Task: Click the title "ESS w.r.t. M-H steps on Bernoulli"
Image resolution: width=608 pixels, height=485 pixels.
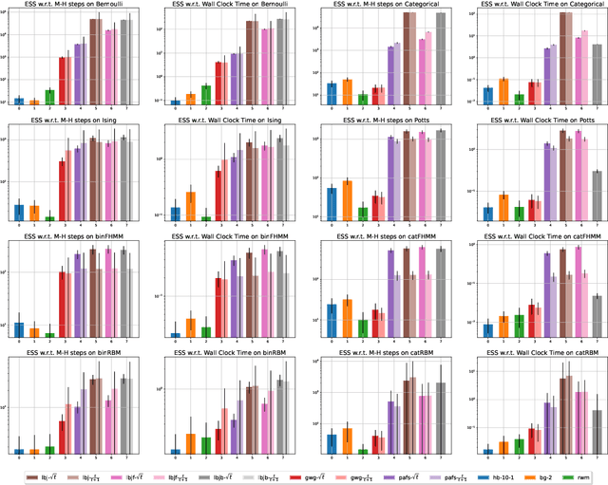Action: tap(77, 5)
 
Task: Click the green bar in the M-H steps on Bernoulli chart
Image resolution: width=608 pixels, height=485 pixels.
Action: tap(49, 97)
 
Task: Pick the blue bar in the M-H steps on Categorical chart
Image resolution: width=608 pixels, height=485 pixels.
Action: tap(332, 93)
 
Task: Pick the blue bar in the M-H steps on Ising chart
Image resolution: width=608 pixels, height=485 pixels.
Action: tap(19, 212)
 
